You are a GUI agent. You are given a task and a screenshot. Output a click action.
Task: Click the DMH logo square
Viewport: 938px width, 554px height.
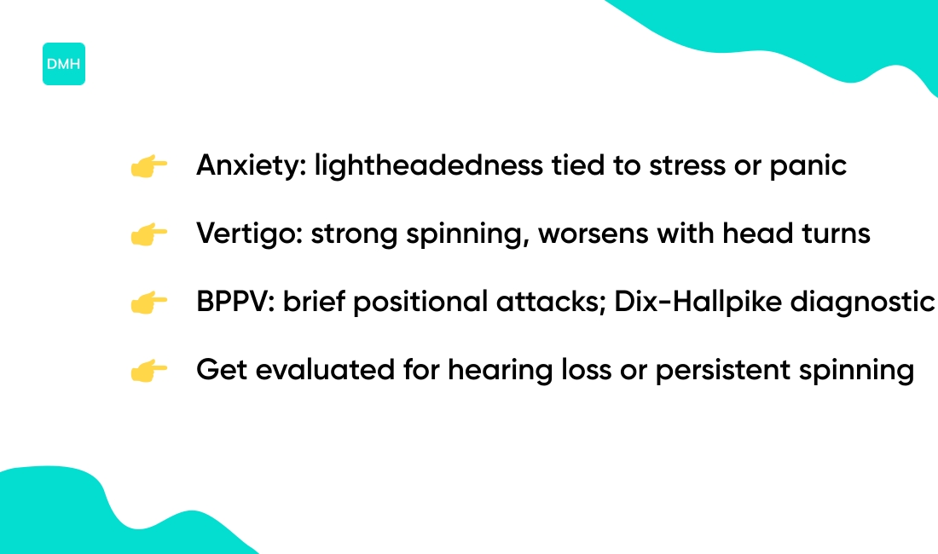(64, 64)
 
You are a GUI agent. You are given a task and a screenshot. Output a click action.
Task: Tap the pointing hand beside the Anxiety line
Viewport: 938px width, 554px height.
(148, 166)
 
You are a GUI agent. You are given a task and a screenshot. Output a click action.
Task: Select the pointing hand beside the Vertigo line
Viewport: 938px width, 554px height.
(148, 234)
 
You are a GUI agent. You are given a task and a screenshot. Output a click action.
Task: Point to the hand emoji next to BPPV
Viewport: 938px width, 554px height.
(148, 303)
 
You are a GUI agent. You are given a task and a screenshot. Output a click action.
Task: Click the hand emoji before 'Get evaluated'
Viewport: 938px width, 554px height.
(148, 371)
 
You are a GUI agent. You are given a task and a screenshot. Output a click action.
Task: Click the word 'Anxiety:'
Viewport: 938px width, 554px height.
(249, 166)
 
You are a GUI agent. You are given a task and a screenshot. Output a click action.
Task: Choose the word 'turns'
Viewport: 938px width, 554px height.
(836, 234)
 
